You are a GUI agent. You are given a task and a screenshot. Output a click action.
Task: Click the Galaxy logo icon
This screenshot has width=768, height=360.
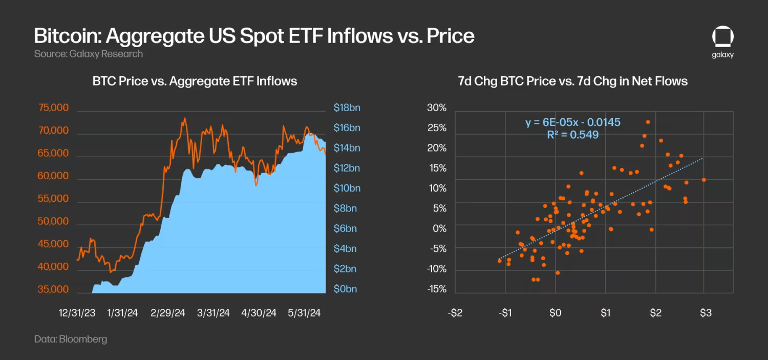722,38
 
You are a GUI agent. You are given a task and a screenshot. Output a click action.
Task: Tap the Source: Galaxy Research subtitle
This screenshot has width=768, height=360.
88,54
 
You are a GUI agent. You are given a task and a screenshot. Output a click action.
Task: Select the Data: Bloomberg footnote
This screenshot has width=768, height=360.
71,339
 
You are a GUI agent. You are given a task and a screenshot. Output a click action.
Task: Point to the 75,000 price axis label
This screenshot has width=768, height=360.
54,108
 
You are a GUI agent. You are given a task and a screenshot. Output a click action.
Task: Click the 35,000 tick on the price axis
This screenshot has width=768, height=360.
54,289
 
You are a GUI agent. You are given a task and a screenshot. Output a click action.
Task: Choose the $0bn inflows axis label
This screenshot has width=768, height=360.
346,289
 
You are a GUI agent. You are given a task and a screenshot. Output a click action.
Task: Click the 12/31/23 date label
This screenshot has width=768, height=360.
77,313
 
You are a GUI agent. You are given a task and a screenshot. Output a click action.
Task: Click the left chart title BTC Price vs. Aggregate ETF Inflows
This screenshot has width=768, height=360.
195,81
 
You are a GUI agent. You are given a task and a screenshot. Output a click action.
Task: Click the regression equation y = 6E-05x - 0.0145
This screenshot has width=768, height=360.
573,122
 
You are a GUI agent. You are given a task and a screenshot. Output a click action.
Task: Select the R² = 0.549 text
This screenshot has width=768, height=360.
573,135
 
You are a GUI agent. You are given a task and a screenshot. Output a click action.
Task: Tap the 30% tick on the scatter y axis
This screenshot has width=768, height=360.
436,108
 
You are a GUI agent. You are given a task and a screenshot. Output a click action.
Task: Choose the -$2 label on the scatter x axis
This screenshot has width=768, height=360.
455,313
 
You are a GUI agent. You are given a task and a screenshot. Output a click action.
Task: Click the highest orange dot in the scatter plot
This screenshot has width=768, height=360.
648,122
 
